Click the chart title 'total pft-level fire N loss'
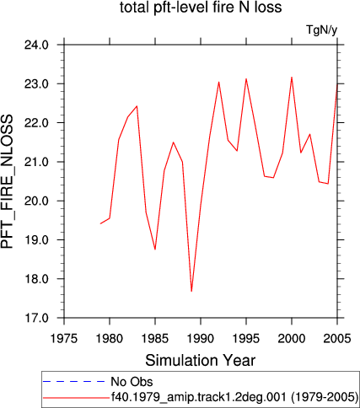pyautogui.click(x=201, y=8)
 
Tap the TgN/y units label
pyautogui.click(x=321, y=30)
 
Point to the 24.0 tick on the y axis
pyautogui.click(x=36, y=45)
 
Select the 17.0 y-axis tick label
pyautogui.click(x=36, y=318)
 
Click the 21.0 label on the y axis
pyautogui.click(x=36, y=162)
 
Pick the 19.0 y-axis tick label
pyautogui.click(x=36, y=240)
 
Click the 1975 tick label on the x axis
pyautogui.click(x=64, y=339)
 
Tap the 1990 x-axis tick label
pyautogui.click(x=201, y=339)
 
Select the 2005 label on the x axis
pyautogui.click(x=337, y=339)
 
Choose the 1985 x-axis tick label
pyautogui.click(x=155, y=339)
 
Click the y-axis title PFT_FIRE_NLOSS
pyautogui.click(x=7, y=181)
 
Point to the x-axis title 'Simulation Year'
pyautogui.click(x=201, y=361)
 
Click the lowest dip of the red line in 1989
pyautogui.click(x=191, y=291)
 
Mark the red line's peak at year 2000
pyautogui.click(x=292, y=78)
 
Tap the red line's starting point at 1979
pyautogui.click(x=100, y=223)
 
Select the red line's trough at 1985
pyautogui.click(x=155, y=250)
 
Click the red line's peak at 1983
pyautogui.click(x=137, y=106)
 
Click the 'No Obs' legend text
pyautogui.click(x=132, y=382)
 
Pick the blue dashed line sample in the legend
pyautogui.click(x=73, y=382)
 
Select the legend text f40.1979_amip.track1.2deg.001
pyautogui.click(x=199, y=397)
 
